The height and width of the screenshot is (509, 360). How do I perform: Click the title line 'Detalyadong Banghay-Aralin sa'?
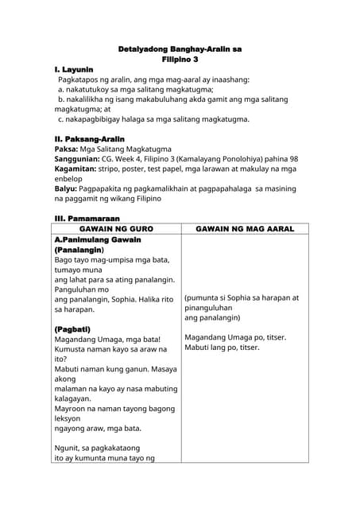pos(180,49)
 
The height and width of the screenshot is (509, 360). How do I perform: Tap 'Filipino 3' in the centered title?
pos(180,60)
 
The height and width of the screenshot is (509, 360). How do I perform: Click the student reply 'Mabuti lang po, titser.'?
pos(222,348)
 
